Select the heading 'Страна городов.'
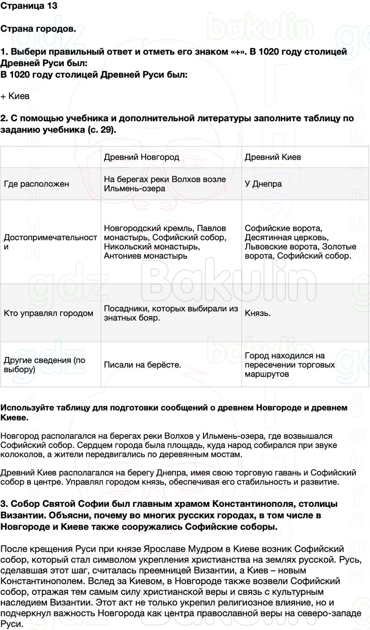coord(38,29)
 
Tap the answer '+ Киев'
coord(15,96)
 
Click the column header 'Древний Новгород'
coord(142,157)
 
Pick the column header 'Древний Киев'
coord(273,157)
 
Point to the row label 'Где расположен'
coord(37,184)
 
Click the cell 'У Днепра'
coord(263,184)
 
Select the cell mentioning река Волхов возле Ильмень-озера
coord(165,184)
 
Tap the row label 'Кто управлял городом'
coord(49,313)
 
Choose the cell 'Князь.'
coord(258,313)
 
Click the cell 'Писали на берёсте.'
coord(142,365)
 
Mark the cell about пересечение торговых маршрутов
coord(290,365)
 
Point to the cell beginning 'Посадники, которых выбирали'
coord(171,313)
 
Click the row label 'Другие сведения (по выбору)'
coord(44,365)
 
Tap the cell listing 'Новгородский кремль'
coord(165,242)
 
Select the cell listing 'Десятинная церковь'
coord(300,242)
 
